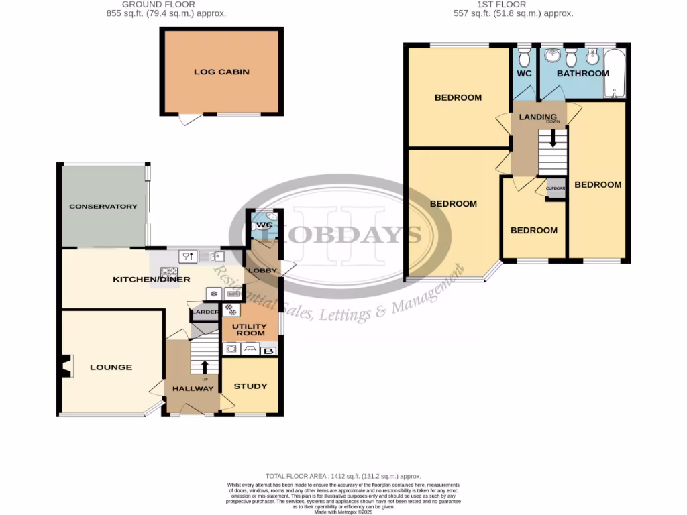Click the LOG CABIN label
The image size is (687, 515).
[221, 71]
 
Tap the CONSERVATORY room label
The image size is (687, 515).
[103, 207]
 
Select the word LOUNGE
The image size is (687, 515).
[111, 367]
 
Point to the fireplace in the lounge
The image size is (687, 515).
[64, 366]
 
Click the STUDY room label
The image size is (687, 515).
[250, 386]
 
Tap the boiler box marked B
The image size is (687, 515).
[270, 350]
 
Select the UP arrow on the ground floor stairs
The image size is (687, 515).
[205, 367]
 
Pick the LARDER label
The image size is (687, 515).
[205, 312]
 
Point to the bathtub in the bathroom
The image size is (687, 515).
[615, 74]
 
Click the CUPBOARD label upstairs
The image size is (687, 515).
[556, 188]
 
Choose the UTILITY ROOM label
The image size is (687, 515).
[249, 329]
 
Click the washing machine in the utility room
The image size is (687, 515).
[232, 349]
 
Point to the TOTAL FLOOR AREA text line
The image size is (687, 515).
[343, 476]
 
